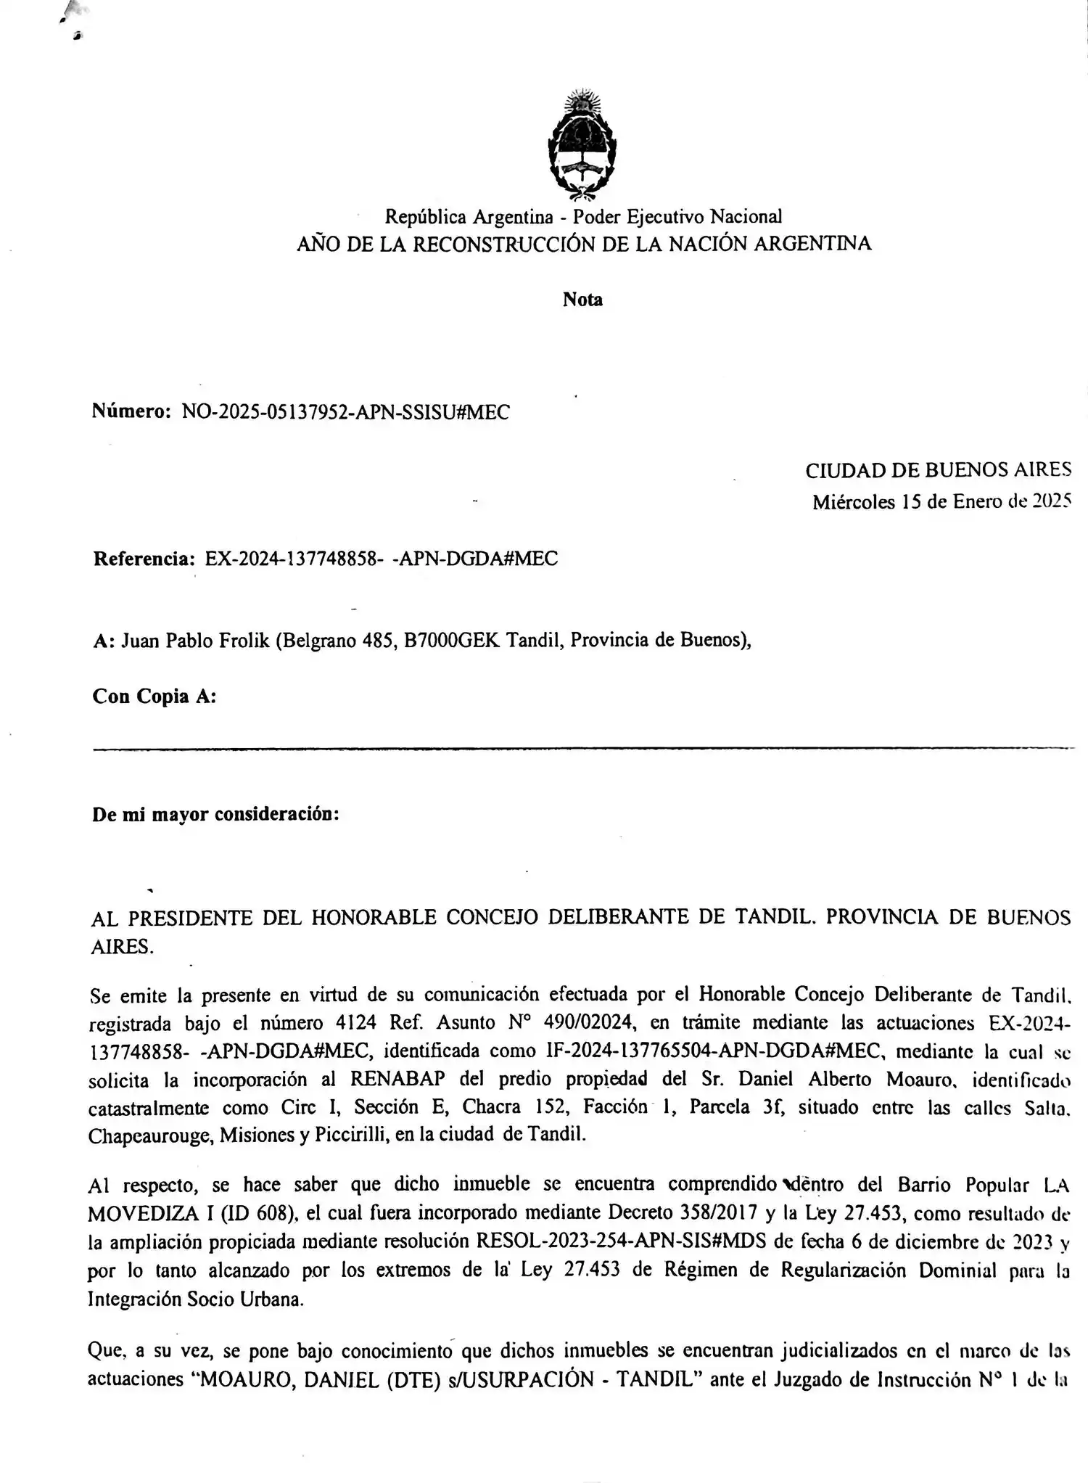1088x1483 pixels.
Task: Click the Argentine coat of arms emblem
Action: (x=582, y=144)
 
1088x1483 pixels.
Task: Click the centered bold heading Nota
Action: (x=582, y=300)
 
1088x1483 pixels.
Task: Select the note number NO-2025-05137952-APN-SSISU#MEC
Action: (x=345, y=413)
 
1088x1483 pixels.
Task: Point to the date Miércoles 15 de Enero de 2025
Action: (x=941, y=502)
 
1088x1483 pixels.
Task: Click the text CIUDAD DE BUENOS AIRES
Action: (x=937, y=471)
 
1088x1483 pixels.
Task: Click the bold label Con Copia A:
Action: (x=154, y=697)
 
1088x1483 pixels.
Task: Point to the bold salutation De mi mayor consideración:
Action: (x=215, y=814)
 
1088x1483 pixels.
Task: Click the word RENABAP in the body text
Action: (x=397, y=1079)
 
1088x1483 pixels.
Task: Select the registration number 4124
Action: (x=356, y=1023)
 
